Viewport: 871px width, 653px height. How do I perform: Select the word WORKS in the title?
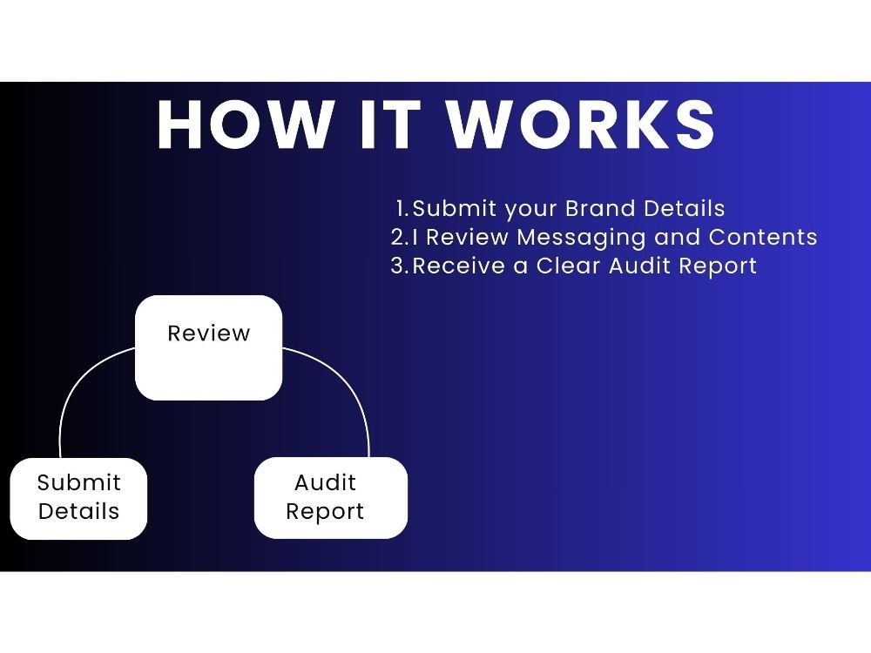[581, 125]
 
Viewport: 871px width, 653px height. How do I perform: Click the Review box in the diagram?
[209, 347]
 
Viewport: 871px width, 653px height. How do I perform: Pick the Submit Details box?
[78, 499]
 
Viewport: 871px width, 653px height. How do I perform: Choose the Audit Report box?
[330, 498]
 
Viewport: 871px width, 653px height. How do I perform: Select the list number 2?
[400, 237]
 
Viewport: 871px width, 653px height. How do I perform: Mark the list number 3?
[400, 266]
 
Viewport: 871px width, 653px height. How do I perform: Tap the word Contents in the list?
[763, 237]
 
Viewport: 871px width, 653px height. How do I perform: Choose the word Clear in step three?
[568, 266]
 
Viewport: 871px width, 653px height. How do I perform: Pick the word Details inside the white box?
[79, 511]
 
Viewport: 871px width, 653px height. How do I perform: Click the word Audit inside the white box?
[325, 482]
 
